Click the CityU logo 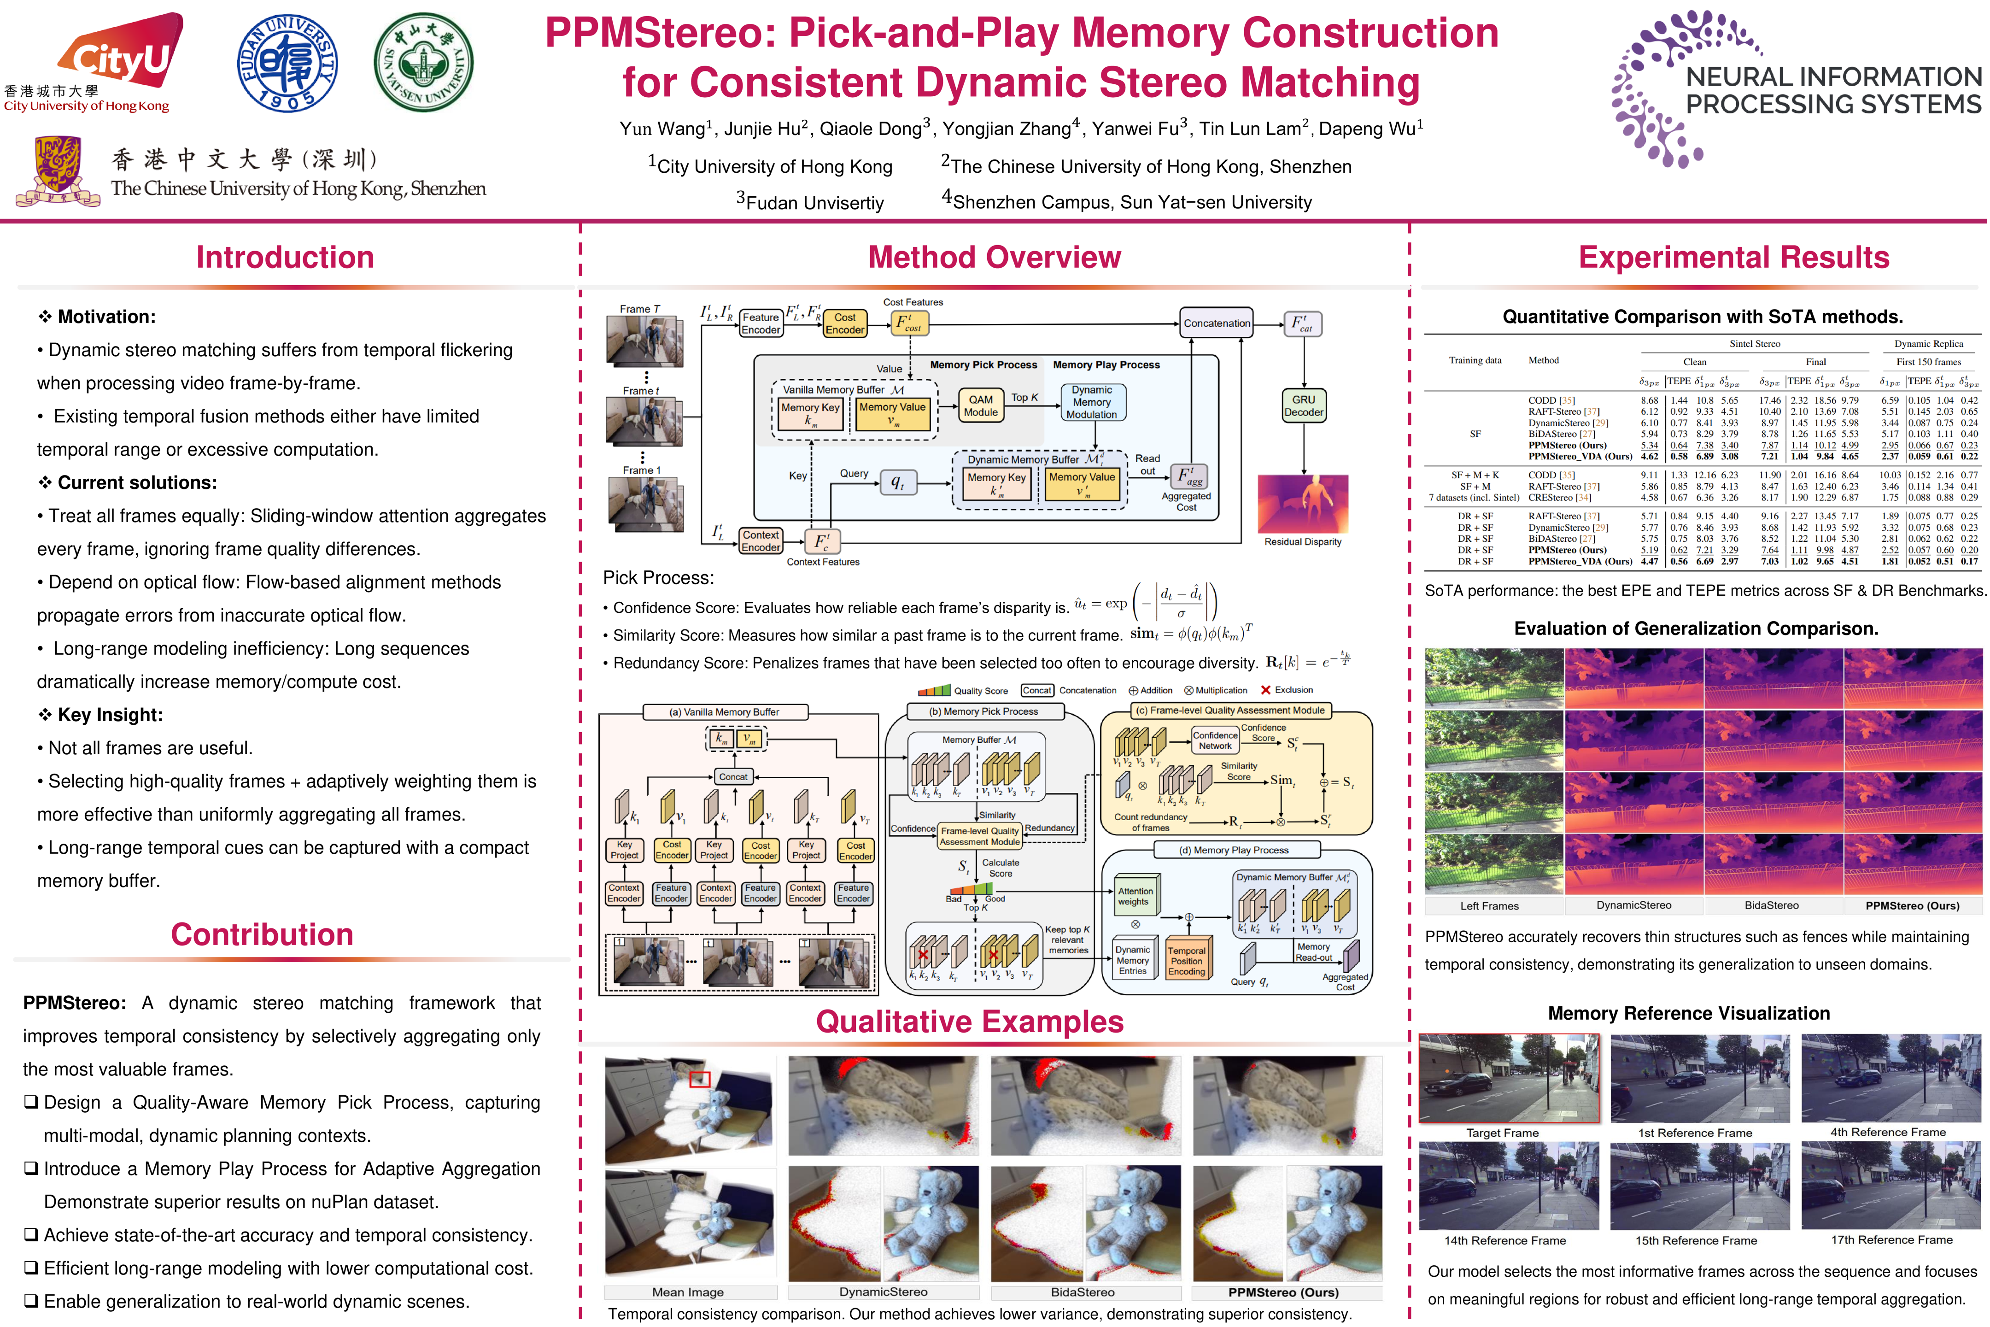click(x=118, y=55)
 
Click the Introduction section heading click(x=285, y=257)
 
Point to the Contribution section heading click(x=262, y=934)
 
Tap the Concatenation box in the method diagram click(x=1217, y=323)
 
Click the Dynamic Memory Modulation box click(x=1091, y=402)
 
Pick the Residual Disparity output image click(x=1303, y=504)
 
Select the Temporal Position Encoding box click(x=1186, y=961)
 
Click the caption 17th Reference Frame click(x=1892, y=1240)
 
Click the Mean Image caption click(x=688, y=1292)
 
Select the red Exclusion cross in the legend click(x=1266, y=690)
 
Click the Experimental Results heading click(x=1733, y=257)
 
